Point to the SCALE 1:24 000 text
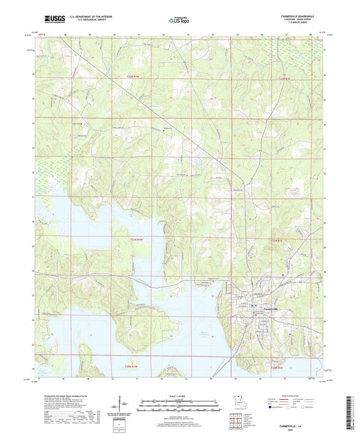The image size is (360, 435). tap(180, 395)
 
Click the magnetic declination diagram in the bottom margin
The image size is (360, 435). tap(122, 407)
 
